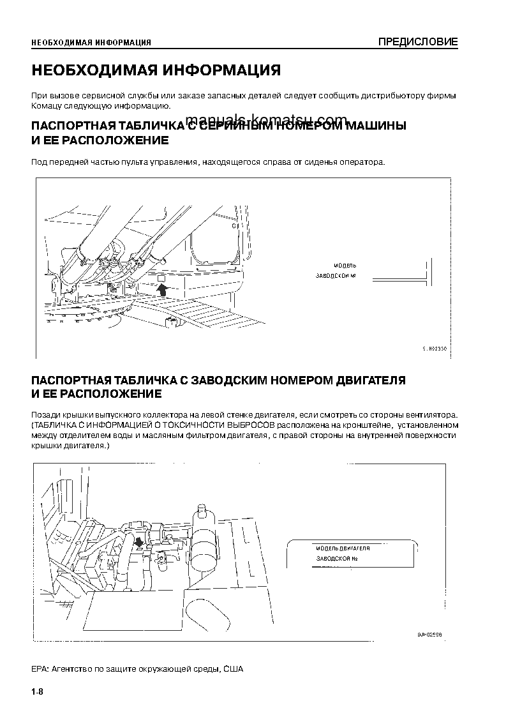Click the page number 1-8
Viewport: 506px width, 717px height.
(x=37, y=693)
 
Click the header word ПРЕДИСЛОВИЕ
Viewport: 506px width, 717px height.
(x=418, y=43)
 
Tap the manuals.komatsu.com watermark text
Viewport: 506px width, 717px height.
(x=267, y=119)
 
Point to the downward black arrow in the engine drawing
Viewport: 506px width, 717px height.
(x=139, y=541)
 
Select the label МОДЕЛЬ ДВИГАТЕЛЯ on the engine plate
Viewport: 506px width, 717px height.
(x=343, y=548)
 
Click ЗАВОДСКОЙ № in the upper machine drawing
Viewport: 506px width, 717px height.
(x=336, y=276)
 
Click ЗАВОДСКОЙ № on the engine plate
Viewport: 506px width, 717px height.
(x=336, y=559)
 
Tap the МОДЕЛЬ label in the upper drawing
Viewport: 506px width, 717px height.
(x=345, y=264)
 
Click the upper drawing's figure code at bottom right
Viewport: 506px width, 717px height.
(x=435, y=349)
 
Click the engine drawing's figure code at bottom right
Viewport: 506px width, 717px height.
(x=430, y=635)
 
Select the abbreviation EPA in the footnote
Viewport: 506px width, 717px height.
(x=38, y=669)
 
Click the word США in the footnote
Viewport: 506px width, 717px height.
(x=234, y=669)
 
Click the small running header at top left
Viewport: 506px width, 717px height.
(x=91, y=43)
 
